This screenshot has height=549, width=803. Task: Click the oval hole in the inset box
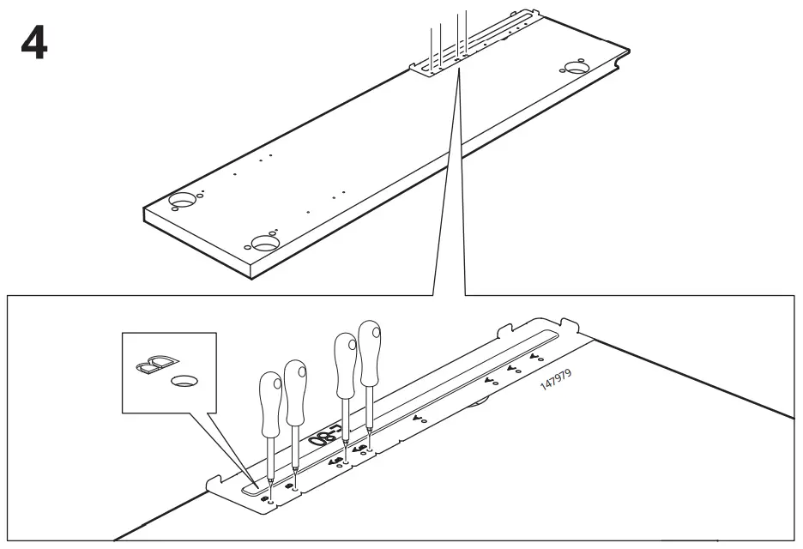[x=182, y=378]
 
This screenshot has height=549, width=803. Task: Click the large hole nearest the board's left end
[x=182, y=201]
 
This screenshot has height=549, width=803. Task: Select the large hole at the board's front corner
[x=266, y=243]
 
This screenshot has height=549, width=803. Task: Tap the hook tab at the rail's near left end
[x=215, y=481]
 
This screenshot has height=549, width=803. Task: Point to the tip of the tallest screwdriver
[x=368, y=443]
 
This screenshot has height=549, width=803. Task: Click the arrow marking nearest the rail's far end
[x=535, y=355]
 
